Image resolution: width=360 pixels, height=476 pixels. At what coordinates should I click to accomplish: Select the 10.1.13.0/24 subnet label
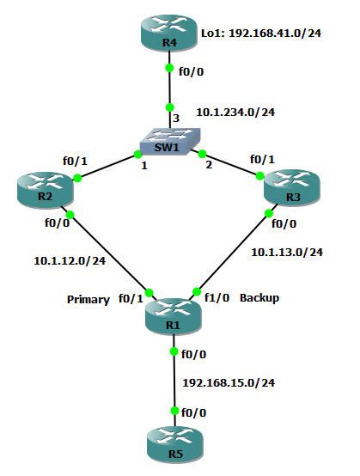[x=286, y=253]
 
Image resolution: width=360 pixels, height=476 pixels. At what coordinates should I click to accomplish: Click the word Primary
[x=88, y=300]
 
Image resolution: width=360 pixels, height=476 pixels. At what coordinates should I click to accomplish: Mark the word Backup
[x=259, y=297]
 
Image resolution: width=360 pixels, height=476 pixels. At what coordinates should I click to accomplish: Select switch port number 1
[x=144, y=165]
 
